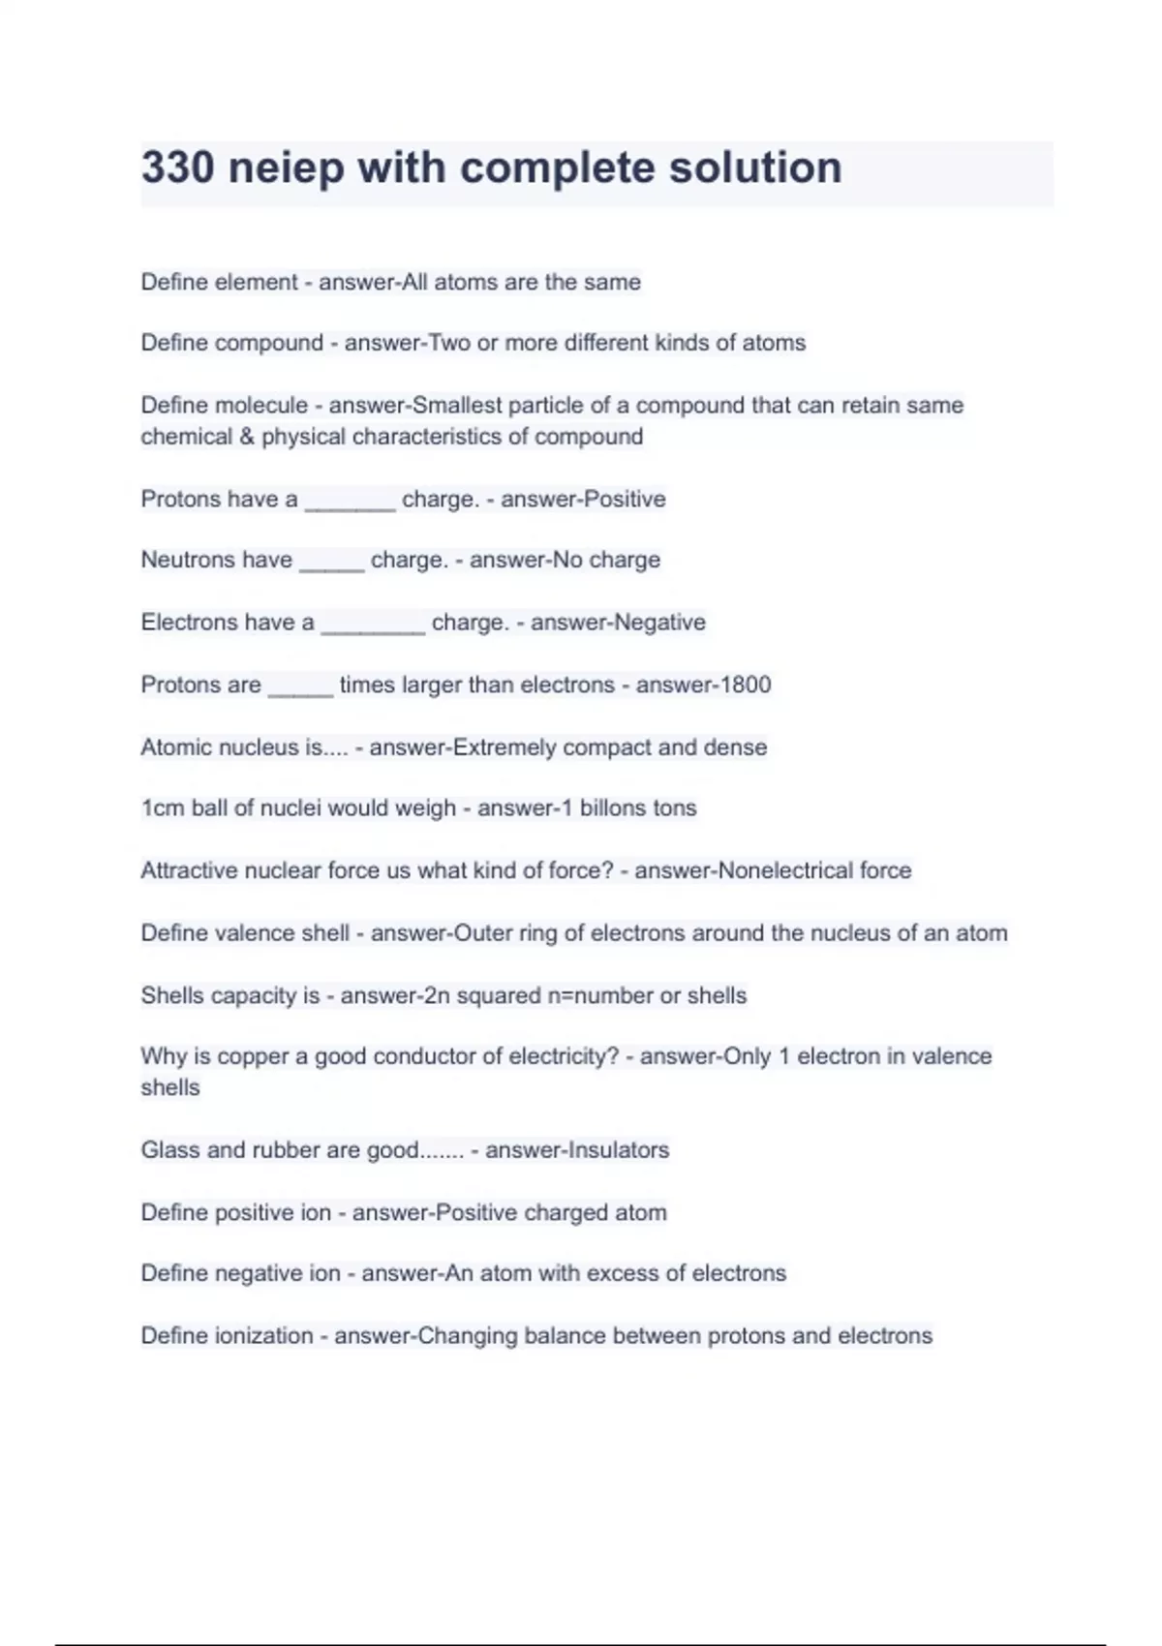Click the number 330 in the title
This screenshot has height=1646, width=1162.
[x=177, y=168]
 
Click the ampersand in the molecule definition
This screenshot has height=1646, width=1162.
[x=246, y=437]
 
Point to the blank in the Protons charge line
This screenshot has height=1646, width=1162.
[x=350, y=502]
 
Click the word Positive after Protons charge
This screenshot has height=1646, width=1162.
[x=625, y=500]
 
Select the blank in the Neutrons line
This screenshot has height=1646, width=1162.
[x=331, y=563]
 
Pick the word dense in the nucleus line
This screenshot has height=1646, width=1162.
[x=741, y=747]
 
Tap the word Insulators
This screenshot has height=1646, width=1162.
[x=618, y=1150]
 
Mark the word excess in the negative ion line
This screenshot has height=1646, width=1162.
[x=622, y=1273]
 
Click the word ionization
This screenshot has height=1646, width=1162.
[x=263, y=1336]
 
